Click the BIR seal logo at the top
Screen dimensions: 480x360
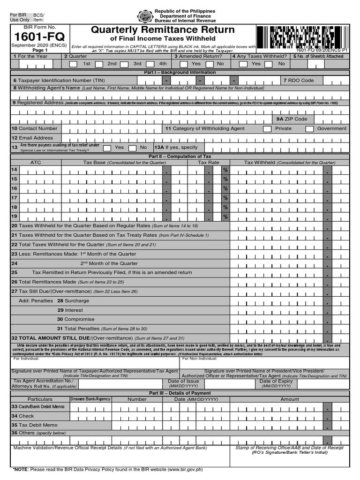pos(145,16)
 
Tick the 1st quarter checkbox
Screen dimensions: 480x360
pos(73,64)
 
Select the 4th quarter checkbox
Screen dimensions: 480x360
pos(150,64)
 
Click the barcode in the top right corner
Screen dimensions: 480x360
pos(302,36)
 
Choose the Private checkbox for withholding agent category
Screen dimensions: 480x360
pos(267,129)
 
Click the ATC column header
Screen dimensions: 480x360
pos(36,163)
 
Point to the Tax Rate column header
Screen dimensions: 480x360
pos(209,163)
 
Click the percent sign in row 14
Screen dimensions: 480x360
pos(225,170)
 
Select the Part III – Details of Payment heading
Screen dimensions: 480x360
pos(180,393)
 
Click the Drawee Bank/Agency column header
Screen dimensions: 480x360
pos(90,399)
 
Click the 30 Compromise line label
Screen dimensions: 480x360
pos(70,319)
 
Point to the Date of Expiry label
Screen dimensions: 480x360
pos(276,381)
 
